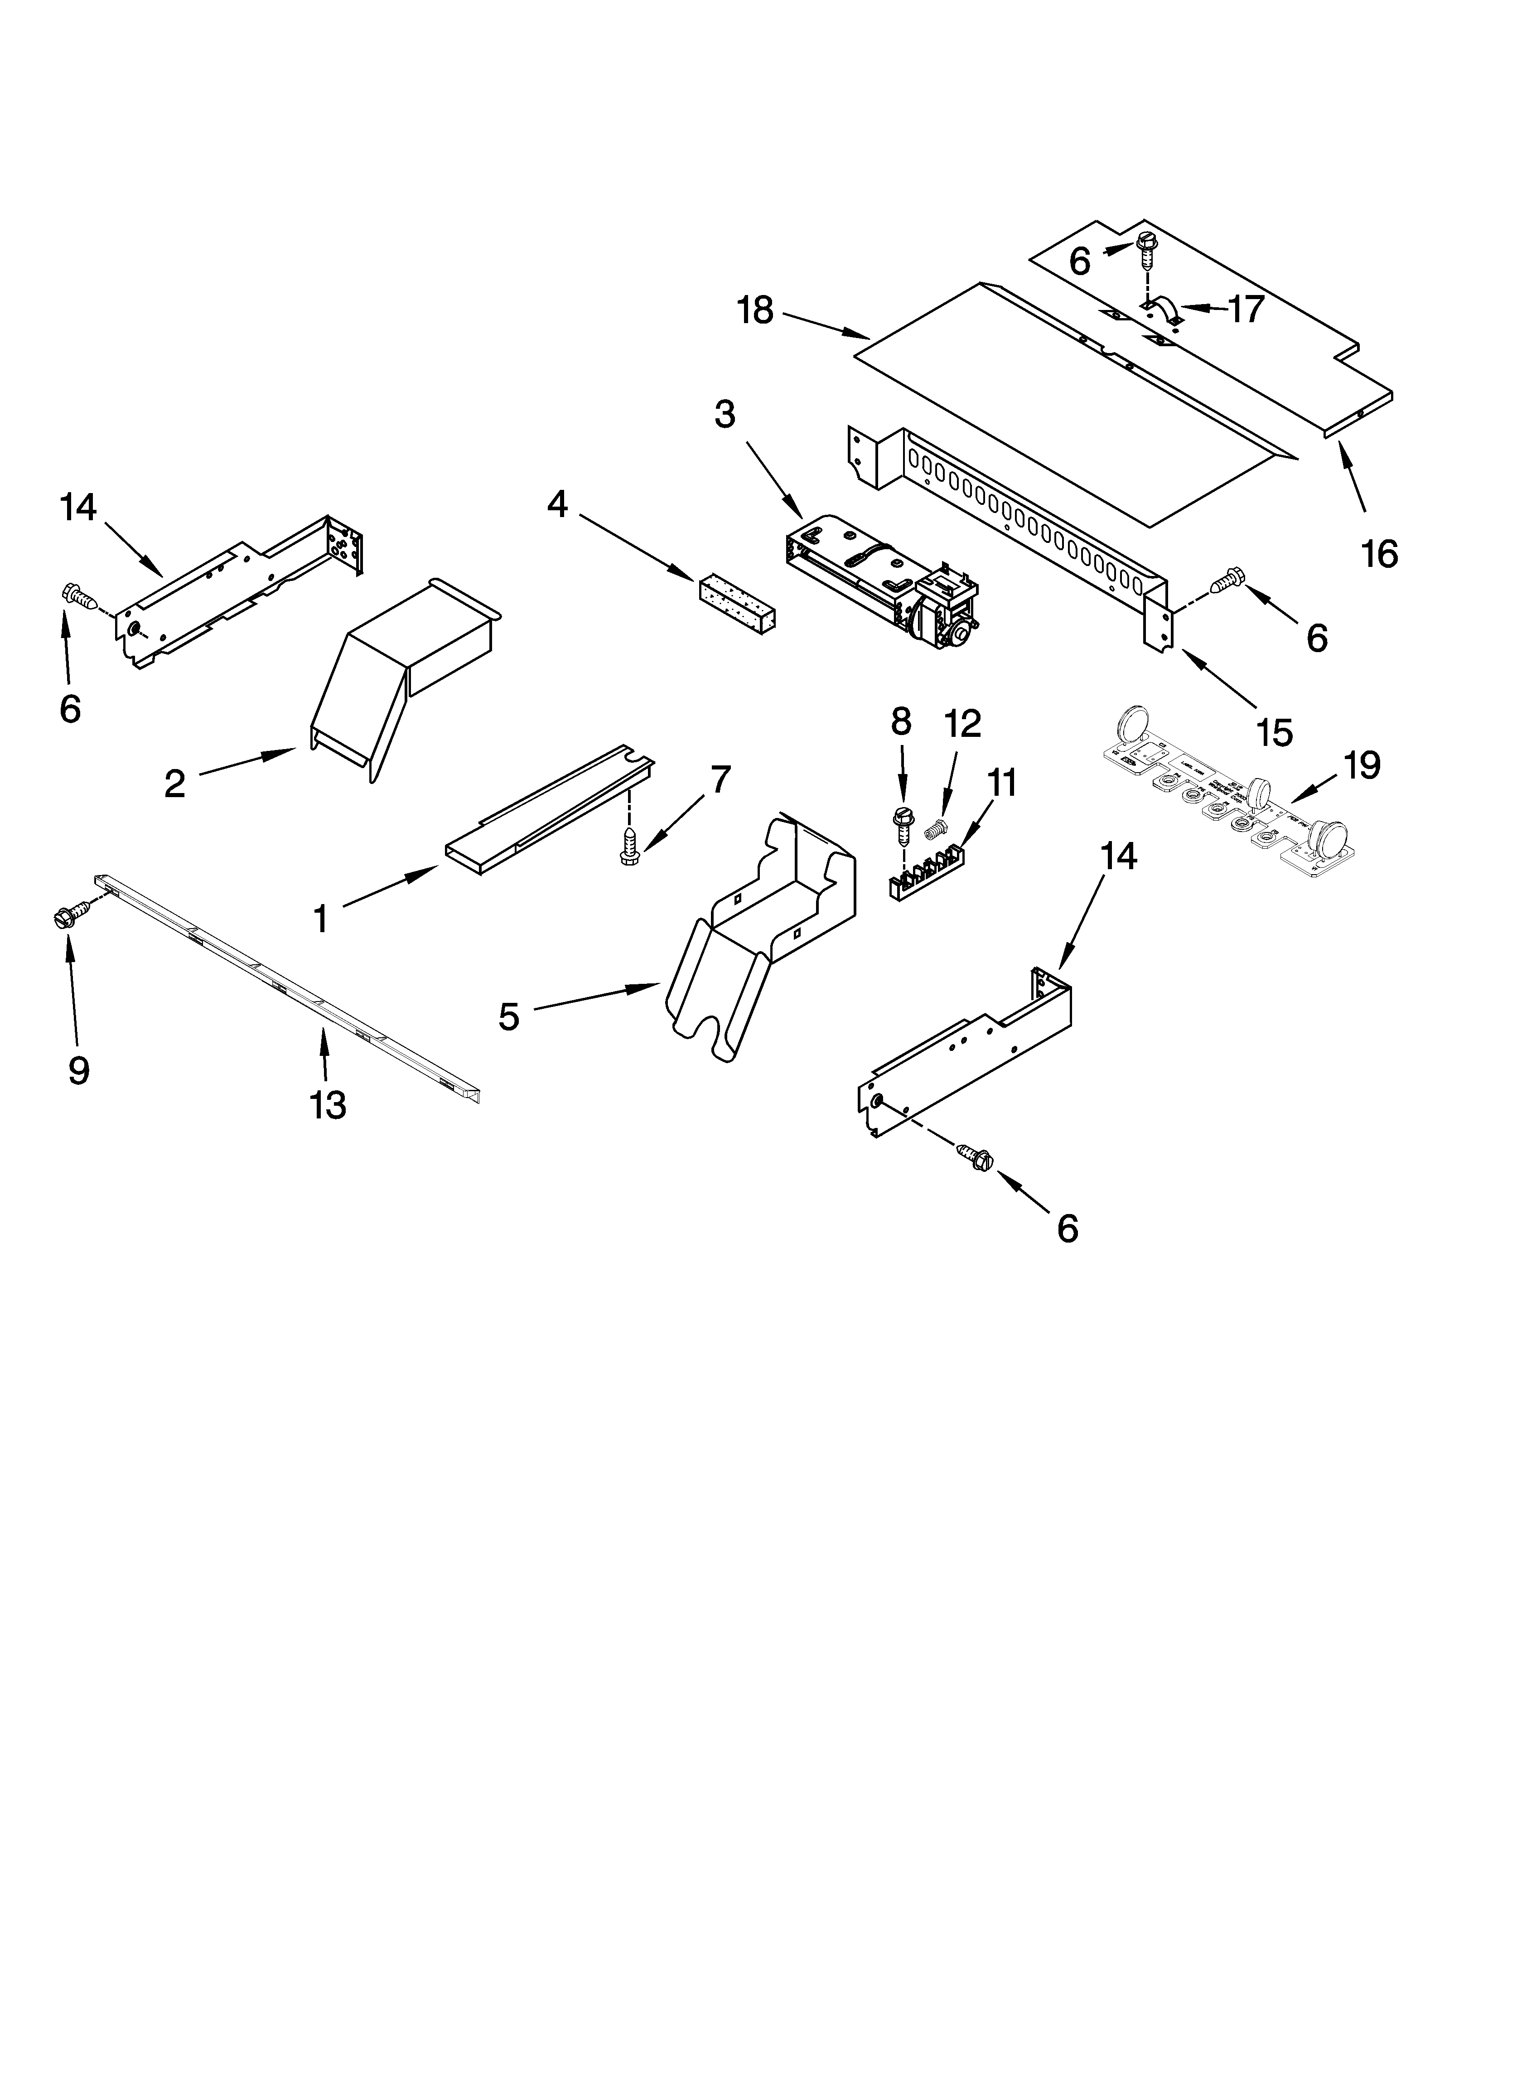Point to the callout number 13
point(328,1105)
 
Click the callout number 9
point(78,1070)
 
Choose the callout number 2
point(174,784)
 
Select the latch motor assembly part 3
point(882,582)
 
